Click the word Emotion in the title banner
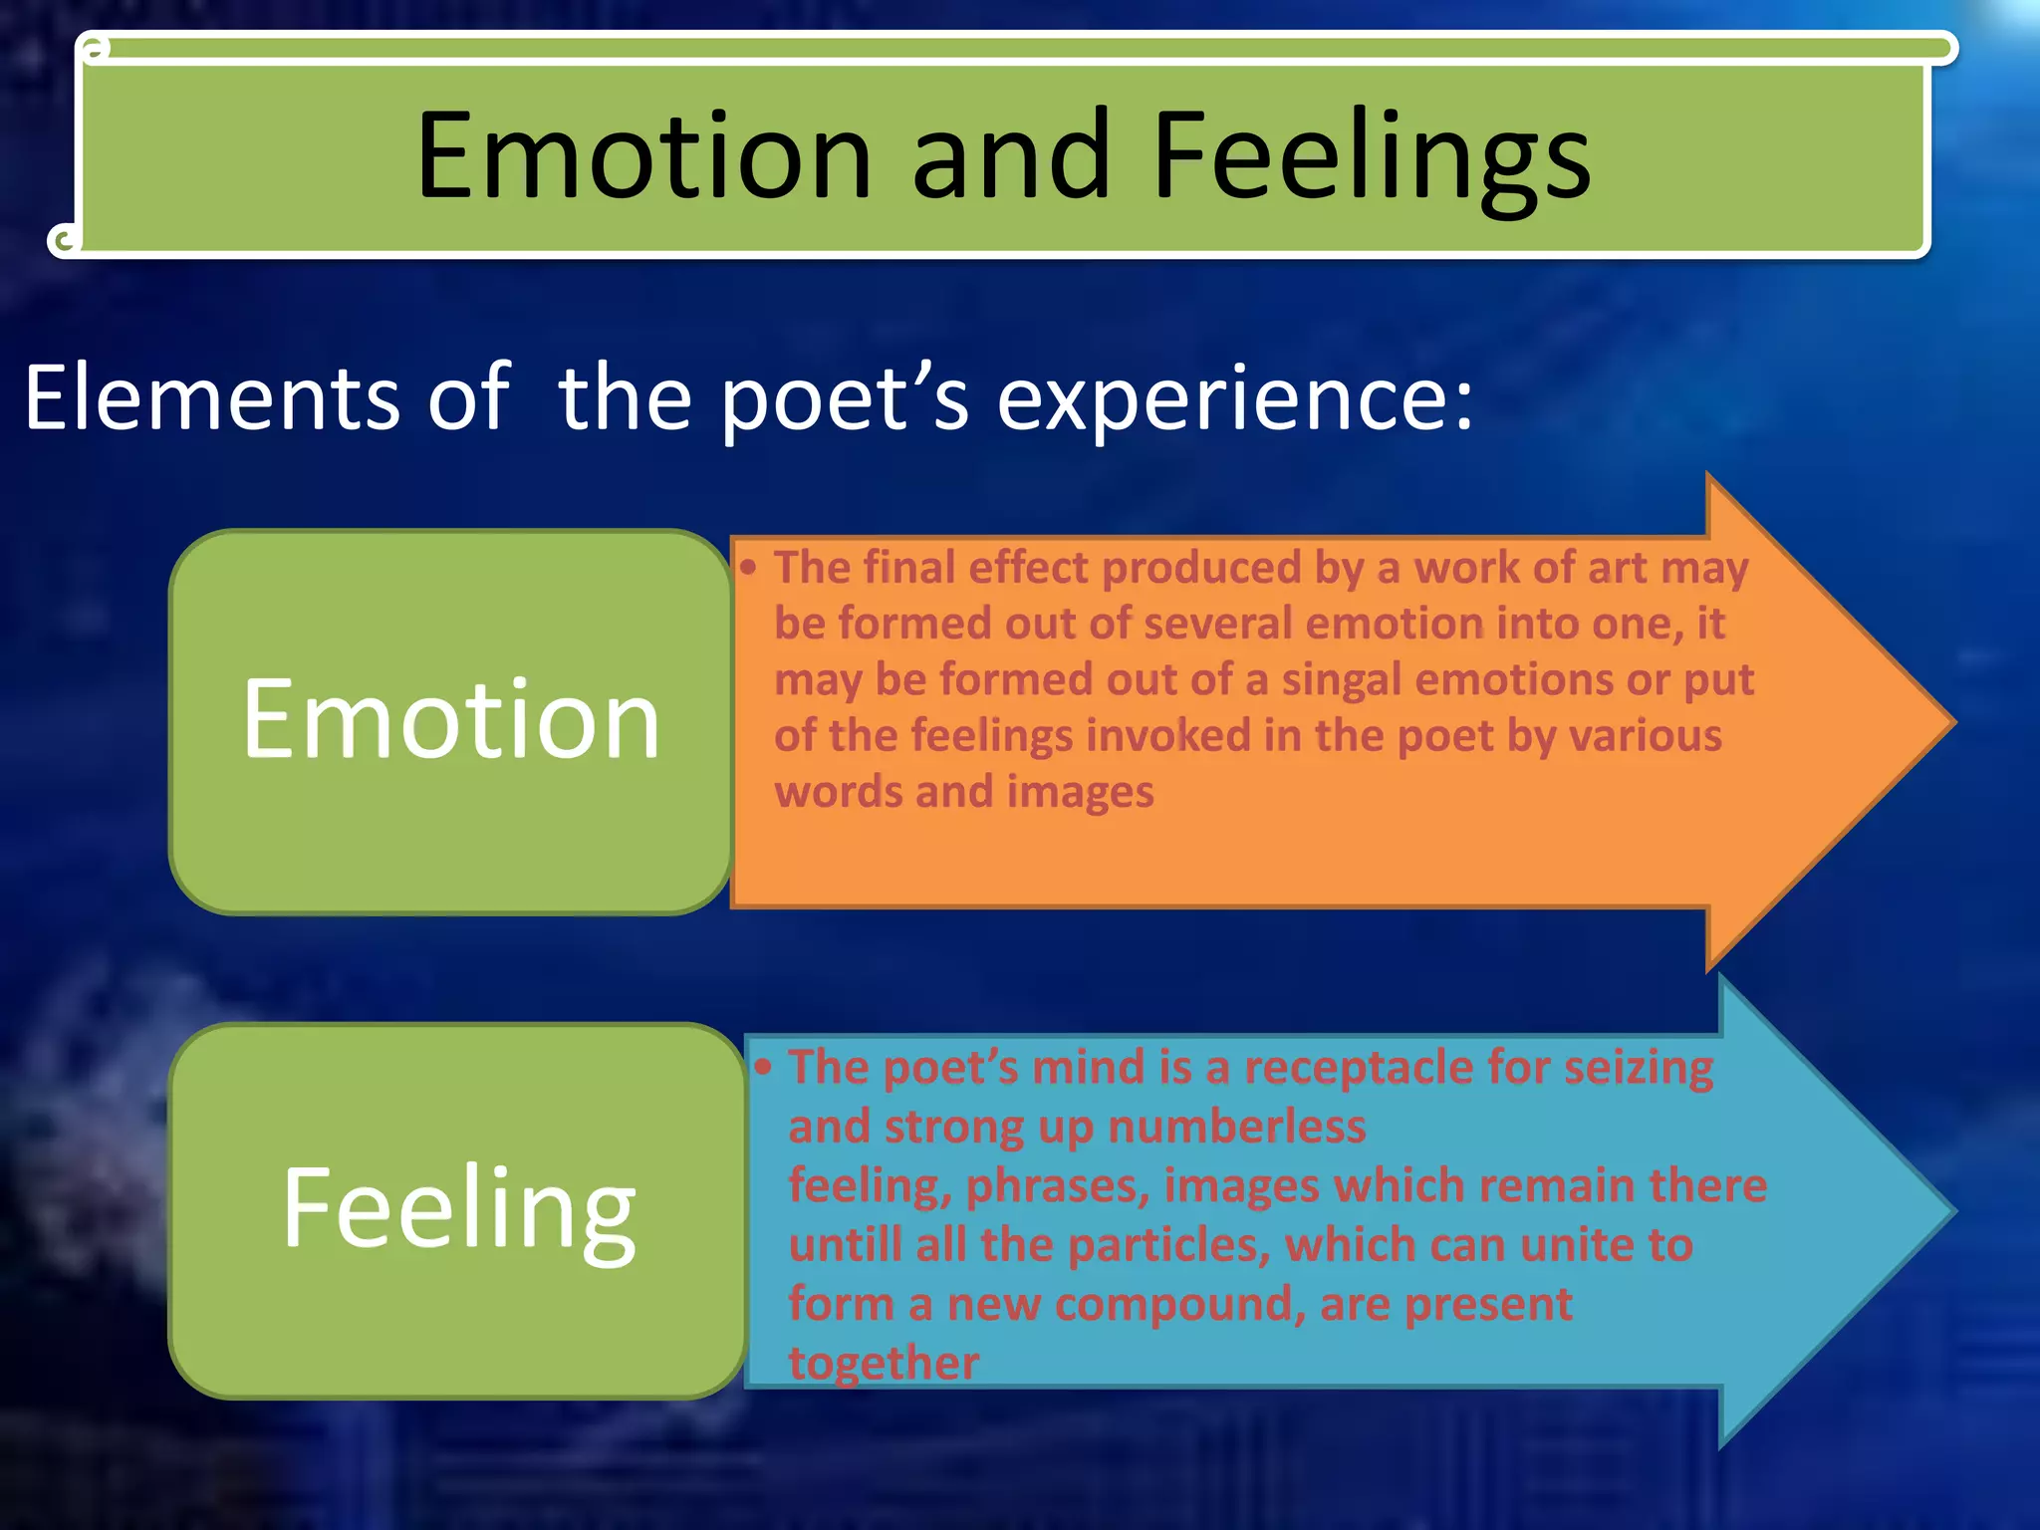(x=643, y=157)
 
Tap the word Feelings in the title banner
(x=1372, y=159)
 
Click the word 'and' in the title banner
(x=1011, y=157)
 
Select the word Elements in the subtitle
(x=211, y=398)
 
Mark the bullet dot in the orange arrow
(x=749, y=568)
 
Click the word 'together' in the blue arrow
(x=884, y=1363)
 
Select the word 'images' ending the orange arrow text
(x=1080, y=792)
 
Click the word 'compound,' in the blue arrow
(x=1180, y=1305)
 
